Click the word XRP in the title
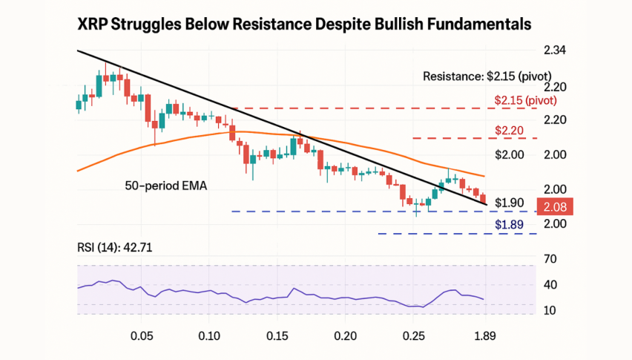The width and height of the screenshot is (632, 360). (x=95, y=24)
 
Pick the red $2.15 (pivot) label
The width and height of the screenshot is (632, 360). (x=525, y=100)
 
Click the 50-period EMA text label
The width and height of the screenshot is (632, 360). (x=165, y=186)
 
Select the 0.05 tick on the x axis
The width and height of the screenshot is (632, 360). (x=142, y=336)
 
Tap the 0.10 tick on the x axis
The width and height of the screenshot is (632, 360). (x=209, y=336)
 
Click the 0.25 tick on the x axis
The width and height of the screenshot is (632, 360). (x=415, y=336)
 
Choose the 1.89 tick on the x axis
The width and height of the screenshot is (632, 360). (x=484, y=336)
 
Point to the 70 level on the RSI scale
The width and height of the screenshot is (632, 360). (x=550, y=259)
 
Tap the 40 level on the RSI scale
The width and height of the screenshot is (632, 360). (x=550, y=285)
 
